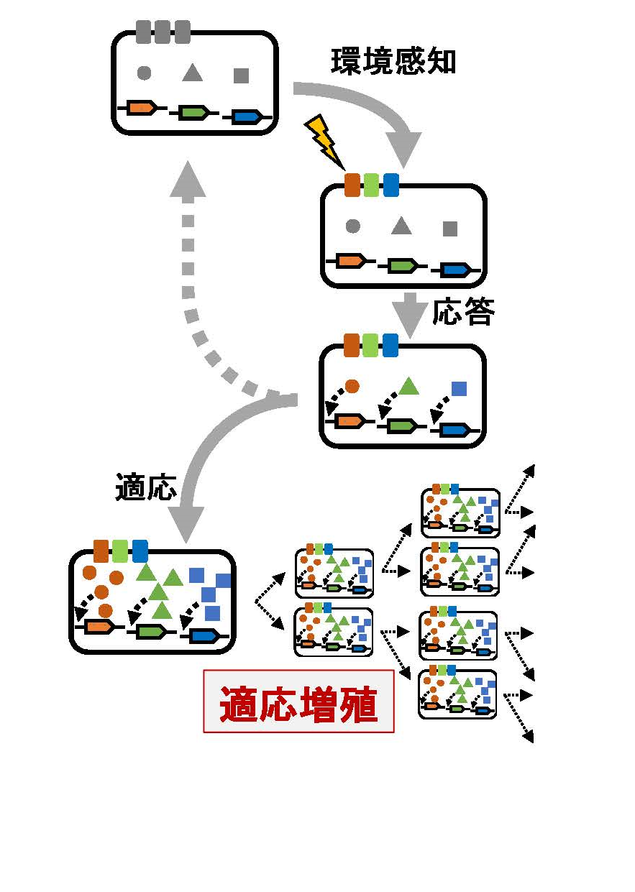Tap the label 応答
(463, 312)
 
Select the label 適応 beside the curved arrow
(145, 487)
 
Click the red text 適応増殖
(298, 702)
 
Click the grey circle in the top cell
(144, 73)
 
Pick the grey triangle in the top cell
(192, 73)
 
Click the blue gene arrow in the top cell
(247, 116)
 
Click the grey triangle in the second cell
(401, 226)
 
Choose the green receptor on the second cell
(371, 185)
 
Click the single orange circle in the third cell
(352, 386)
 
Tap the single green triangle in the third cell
(408, 387)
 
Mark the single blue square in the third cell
(460, 389)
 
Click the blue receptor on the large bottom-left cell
(140, 551)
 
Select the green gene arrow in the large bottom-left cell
(149, 631)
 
